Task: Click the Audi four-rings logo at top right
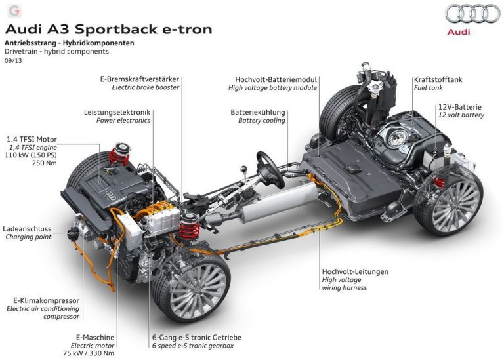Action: [472, 14]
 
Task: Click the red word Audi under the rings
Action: [459, 31]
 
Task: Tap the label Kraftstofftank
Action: [438, 79]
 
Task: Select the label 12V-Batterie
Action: [459, 107]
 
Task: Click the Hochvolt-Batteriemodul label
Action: [276, 79]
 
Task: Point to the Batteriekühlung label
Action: [258, 112]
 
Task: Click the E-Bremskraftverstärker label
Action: [140, 79]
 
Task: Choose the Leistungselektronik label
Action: [117, 112]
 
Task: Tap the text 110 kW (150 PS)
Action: [31, 155]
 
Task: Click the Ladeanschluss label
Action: [27, 229]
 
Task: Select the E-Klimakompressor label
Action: [46, 300]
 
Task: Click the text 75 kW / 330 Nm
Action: [89, 353]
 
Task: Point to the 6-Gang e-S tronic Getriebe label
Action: [197, 338]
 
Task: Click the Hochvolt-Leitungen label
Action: [355, 271]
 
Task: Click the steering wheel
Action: [270, 170]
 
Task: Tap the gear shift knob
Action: [244, 168]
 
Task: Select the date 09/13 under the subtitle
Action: [13, 60]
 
